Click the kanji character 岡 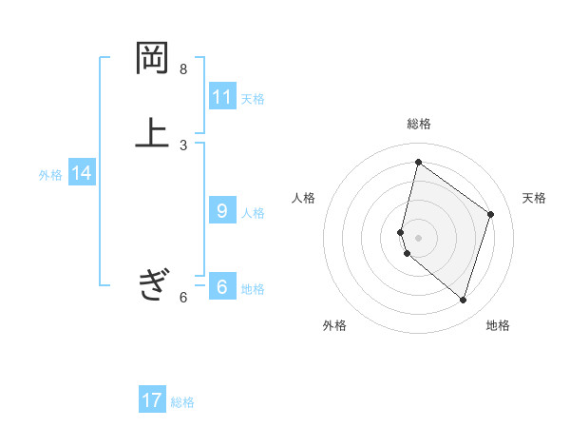click(x=153, y=58)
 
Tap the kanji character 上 click(x=153, y=132)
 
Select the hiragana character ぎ click(x=153, y=283)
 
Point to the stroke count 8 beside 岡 click(x=183, y=69)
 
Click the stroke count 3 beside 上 click(x=183, y=145)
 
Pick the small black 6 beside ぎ click(x=183, y=298)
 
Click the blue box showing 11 click(x=222, y=97)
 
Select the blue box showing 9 click(x=222, y=211)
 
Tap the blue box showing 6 click(x=222, y=287)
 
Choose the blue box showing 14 click(x=82, y=173)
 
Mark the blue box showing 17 click(x=152, y=400)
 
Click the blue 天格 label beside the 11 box click(x=253, y=99)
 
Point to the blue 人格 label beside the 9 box click(x=253, y=213)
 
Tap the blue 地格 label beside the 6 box click(x=253, y=289)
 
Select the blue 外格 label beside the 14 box click(x=50, y=175)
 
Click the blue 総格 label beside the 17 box click(x=182, y=402)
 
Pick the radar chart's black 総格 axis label click(x=419, y=124)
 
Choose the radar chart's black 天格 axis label click(x=535, y=198)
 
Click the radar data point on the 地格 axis click(x=463, y=301)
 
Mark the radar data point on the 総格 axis click(x=418, y=162)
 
